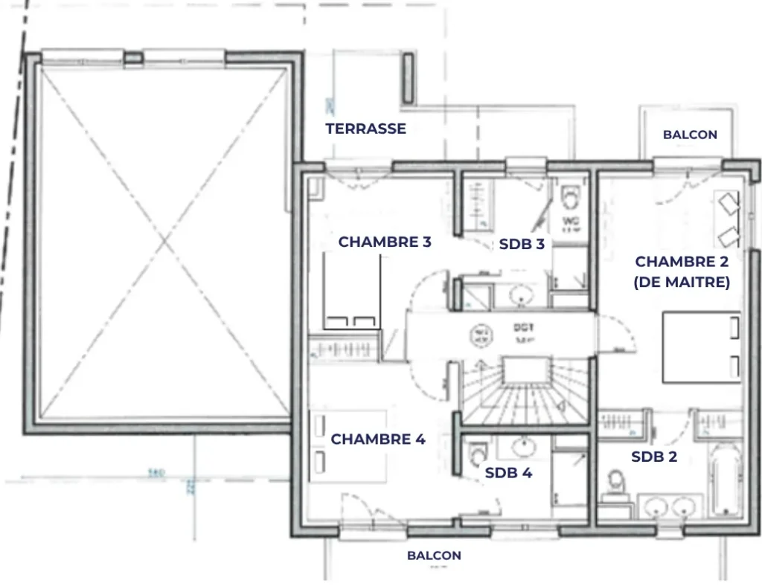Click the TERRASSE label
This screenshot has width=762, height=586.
click(365, 129)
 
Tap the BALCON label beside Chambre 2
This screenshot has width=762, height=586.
click(690, 135)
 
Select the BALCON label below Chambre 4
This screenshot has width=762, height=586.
click(434, 556)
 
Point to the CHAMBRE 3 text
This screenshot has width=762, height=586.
click(385, 242)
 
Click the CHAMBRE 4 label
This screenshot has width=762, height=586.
click(378, 439)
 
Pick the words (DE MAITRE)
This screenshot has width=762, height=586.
click(682, 283)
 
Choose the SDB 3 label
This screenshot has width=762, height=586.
click(522, 244)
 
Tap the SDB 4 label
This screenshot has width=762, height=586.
click(508, 472)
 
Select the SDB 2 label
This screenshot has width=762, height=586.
click(654, 457)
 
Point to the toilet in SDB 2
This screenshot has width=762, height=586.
click(615, 482)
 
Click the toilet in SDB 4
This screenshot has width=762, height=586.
click(477, 453)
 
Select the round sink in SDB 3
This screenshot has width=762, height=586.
click(519, 295)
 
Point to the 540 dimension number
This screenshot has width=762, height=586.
click(156, 471)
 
